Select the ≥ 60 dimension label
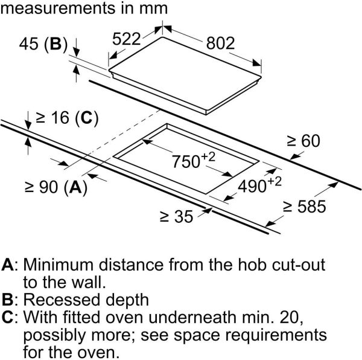tap(303, 141)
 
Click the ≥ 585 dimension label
tap(305, 208)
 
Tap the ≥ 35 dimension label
tap(177, 216)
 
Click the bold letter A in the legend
tap(8, 265)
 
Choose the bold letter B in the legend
tap(8, 299)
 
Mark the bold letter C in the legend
tap(8, 317)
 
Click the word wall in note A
tap(91, 282)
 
